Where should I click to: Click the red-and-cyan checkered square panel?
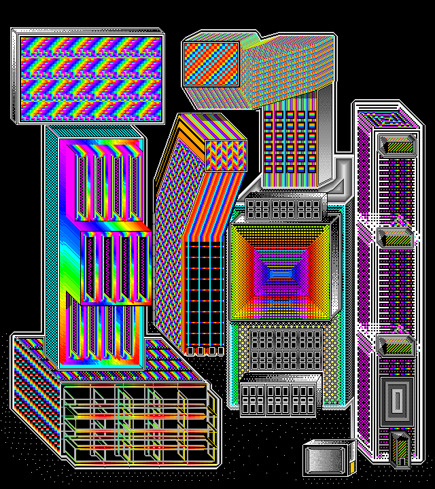pos(211,63)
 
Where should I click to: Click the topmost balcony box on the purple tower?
pos(396,143)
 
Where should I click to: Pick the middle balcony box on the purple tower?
pos(396,238)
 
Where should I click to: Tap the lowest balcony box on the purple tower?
pos(396,346)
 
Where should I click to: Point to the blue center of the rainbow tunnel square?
pos(281,272)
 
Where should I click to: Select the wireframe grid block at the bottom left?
pos(136,421)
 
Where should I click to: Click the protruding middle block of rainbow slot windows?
pos(116,266)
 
